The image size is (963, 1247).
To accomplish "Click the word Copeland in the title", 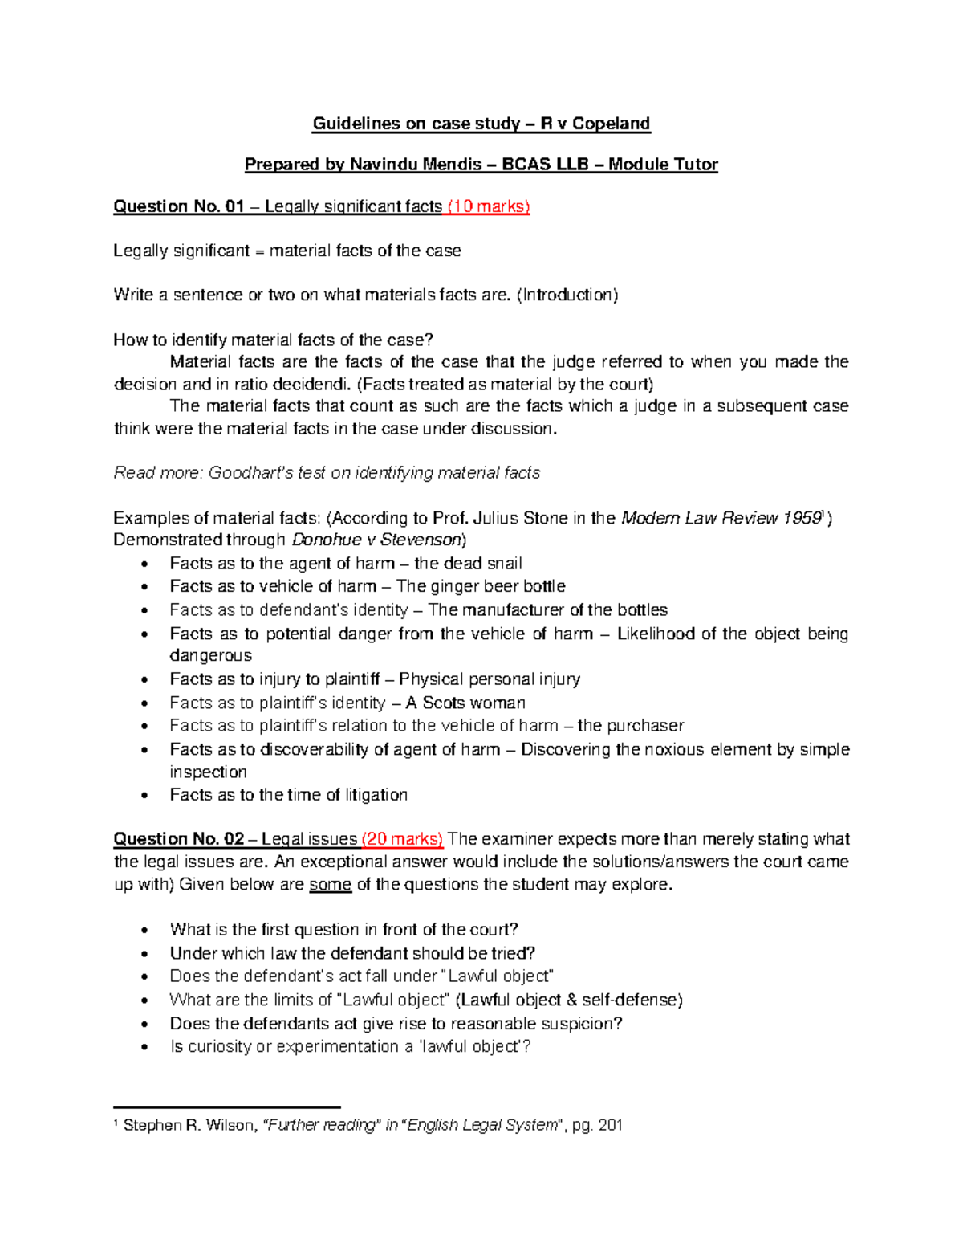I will click(x=611, y=124).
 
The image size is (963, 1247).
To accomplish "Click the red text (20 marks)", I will click(x=402, y=839).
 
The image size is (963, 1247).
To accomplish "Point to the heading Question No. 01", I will click(x=178, y=207).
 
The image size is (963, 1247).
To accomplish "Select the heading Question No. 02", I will click(x=178, y=839).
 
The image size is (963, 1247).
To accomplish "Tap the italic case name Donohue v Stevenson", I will click(x=377, y=540).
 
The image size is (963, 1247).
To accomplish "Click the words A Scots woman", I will click(x=465, y=703).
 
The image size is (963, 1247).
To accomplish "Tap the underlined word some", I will click(x=330, y=885).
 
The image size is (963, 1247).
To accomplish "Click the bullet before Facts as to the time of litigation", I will click(x=144, y=796).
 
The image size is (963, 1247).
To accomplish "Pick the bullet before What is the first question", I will click(x=144, y=931).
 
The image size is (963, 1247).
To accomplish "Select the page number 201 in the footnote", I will click(x=610, y=1125).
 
